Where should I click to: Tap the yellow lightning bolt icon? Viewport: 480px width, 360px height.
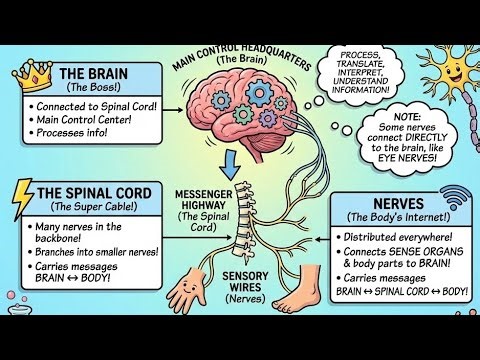21,201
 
